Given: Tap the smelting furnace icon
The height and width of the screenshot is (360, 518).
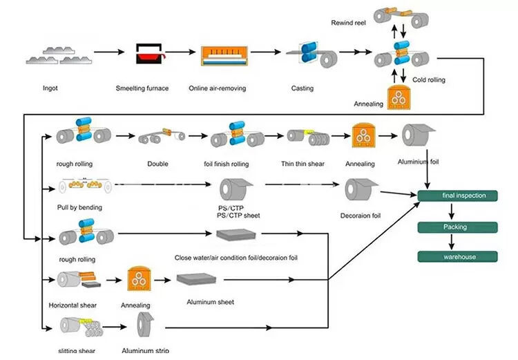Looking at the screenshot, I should click(x=146, y=57).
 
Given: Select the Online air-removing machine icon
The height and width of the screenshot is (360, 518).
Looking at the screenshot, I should click(x=224, y=58).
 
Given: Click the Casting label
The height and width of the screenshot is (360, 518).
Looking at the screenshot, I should click(x=302, y=88).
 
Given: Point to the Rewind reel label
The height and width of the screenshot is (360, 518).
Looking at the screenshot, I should click(x=350, y=22).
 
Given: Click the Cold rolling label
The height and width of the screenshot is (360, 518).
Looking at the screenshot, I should click(x=429, y=80).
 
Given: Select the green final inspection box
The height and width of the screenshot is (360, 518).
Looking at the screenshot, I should click(x=457, y=196).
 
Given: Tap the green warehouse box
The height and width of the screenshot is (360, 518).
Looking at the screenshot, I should click(x=457, y=257).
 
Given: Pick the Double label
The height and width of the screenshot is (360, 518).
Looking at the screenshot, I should click(x=157, y=164).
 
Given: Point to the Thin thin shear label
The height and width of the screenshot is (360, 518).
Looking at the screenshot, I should click(x=302, y=164).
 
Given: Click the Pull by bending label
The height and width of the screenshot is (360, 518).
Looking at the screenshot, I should click(x=80, y=207).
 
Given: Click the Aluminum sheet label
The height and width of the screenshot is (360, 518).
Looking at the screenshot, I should click(x=210, y=302).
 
